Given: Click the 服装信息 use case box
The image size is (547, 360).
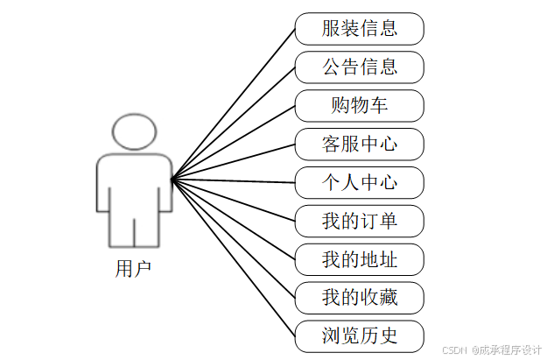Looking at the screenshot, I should pos(359,28).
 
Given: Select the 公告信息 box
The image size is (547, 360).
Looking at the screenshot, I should pos(359,67).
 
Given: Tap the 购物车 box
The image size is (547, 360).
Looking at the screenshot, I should pos(359,105).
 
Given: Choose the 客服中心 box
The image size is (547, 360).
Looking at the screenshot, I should pos(359,144).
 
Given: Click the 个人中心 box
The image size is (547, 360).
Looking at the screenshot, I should pos(359,182).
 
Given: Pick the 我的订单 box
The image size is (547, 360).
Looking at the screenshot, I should pos(359,221).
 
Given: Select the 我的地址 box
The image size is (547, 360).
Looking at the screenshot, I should pos(359,259).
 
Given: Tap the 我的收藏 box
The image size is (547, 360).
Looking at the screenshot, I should pos(359,298).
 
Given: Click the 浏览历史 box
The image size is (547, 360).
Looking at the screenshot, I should pos(359,336).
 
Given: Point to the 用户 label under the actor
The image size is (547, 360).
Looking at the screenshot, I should pos(133,268).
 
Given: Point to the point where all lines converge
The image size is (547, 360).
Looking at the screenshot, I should pos(172,180).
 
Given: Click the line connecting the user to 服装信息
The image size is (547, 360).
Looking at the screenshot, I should pos(234,104).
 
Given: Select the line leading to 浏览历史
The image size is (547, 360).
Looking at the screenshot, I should pos(234,258).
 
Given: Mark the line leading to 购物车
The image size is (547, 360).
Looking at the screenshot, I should pos(234,143).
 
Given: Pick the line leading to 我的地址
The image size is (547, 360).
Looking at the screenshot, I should pos(234,220).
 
